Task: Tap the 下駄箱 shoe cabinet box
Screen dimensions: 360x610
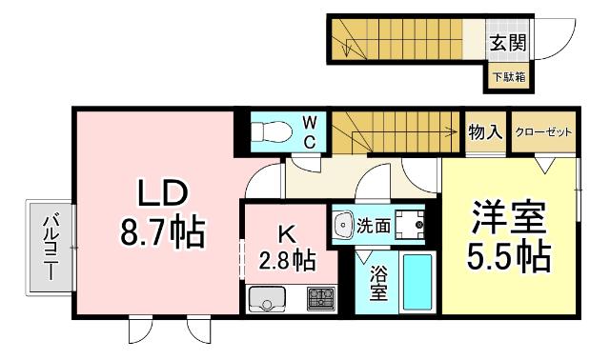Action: coord(508,77)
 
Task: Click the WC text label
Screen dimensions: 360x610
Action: coord(311,131)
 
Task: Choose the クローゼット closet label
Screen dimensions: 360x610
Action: coord(543,132)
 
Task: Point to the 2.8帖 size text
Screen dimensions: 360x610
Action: coord(288,258)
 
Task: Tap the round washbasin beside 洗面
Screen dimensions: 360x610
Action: coord(344,225)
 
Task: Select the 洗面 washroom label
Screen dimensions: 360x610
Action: coord(373,227)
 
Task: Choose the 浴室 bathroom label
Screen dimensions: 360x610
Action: coord(376,284)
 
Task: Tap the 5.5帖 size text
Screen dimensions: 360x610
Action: coord(509,257)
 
